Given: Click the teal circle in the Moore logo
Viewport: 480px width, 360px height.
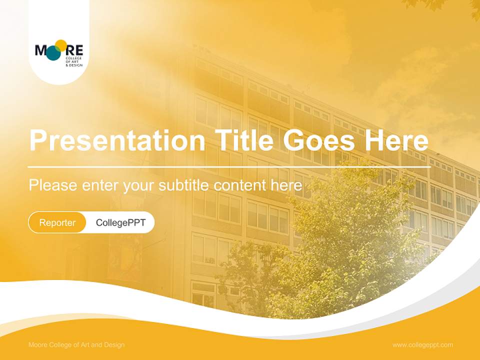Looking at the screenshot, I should pyautogui.click(x=53, y=53).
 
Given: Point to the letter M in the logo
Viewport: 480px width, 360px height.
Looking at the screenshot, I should pyautogui.click(x=41, y=50).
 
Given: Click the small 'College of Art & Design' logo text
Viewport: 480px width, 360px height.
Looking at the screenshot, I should pyautogui.click(x=73, y=62).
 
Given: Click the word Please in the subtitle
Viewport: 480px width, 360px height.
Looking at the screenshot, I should pyautogui.click(x=52, y=185).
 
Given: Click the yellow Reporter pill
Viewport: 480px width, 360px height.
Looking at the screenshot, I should pyautogui.click(x=57, y=222).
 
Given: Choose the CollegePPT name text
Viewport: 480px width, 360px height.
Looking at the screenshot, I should pyautogui.click(x=120, y=222).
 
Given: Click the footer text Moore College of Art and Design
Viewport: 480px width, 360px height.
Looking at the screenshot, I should pyautogui.click(x=76, y=345).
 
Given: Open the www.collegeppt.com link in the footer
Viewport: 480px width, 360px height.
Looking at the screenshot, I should pyautogui.click(x=422, y=345).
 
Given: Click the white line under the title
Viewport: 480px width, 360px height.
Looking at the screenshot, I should pyautogui.click(x=229, y=166).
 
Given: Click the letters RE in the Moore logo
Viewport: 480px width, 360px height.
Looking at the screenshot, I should pyautogui.click(x=75, y=50).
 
